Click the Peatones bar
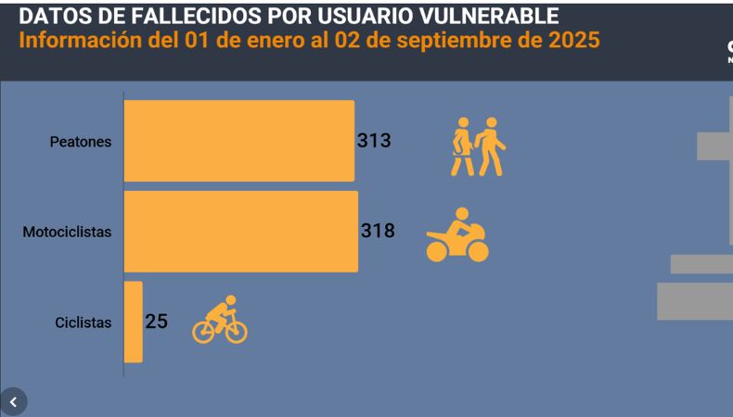point(238,141)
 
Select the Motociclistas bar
point(240,232)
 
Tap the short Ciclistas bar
point(134,322)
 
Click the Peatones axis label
point(81,142)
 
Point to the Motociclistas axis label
point(67,232)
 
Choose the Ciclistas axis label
point(84,322)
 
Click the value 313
point(374,141)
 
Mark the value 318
point(378,231)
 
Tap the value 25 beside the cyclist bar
point(156,322)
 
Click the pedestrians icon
point(478,146)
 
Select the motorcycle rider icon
point(457,236)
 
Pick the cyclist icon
point(220,320)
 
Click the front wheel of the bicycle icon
point(236,331)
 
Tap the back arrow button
point(13,402)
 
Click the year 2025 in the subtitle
point(572,41)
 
